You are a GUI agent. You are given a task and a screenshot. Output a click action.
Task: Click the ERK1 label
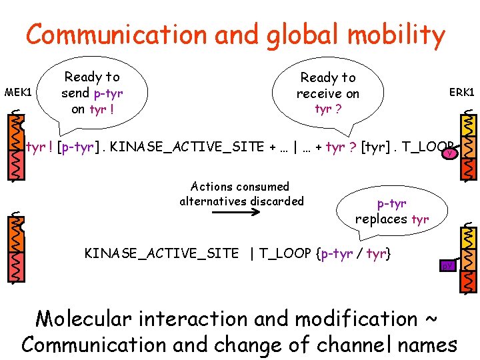(461, 92)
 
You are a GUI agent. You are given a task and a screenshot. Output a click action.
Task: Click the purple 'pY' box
(447, 266)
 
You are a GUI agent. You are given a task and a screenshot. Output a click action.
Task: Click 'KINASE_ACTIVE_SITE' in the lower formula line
(161, 253)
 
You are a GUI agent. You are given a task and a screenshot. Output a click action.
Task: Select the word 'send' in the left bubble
(75, 93)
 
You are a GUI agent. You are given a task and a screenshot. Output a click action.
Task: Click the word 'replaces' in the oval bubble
(381, 219)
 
